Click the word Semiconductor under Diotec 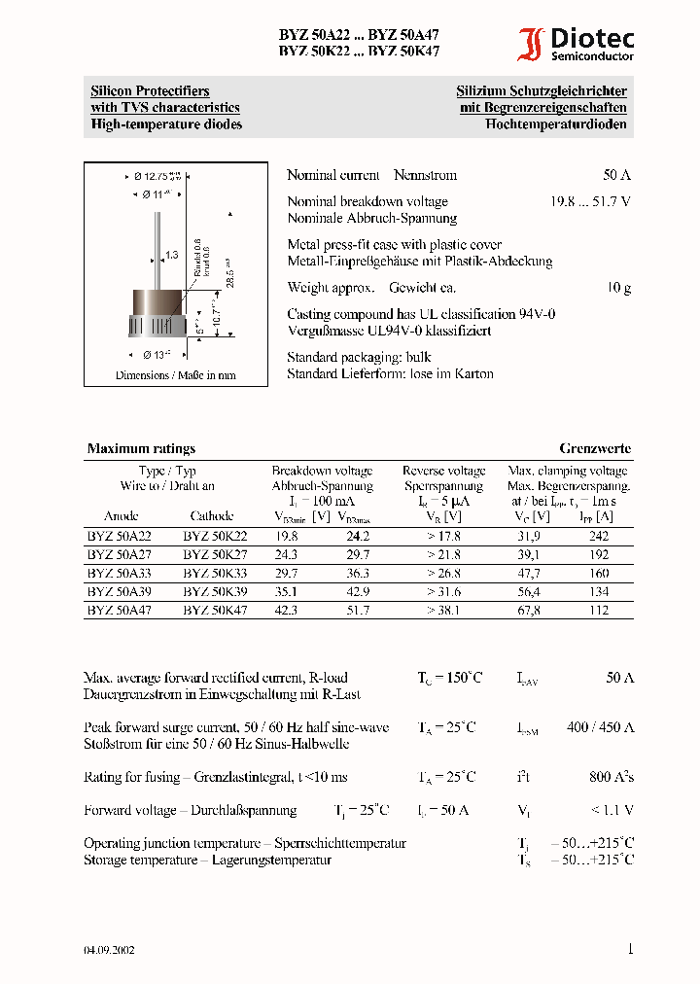point(592,57)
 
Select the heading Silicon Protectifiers point(150,91)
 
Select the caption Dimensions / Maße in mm point(175,375)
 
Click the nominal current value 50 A point(616,176)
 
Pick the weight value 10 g point(619,288)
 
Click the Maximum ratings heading point(141,449)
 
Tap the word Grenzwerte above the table point(595,449)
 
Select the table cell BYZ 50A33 point(120,573)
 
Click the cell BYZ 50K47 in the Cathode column point(215,610)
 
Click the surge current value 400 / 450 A point(602,727)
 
